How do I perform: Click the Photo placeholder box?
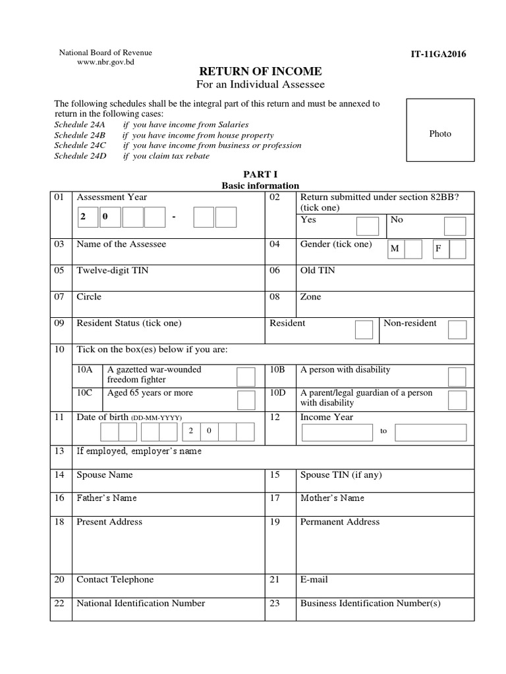click(440, 130)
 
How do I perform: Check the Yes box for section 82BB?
click(367, 226)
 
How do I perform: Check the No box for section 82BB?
click(455, 226)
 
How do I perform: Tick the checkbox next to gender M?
click(413, 249)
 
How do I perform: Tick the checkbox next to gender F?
click(457, 249)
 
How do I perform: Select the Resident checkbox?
click(364, 329)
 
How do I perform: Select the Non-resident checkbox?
click(457, 329)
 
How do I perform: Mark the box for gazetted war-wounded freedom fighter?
click(246, 376)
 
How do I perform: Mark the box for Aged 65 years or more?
click(246, 400)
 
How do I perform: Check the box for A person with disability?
click(457, 376)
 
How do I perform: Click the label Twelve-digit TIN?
click(109, 271)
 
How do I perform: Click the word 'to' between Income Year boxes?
click(384, 431)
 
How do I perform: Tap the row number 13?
click(59, 451)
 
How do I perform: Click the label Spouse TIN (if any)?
click(341, 475)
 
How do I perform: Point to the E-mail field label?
click(314, 579)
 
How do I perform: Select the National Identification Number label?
click(141, 603)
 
